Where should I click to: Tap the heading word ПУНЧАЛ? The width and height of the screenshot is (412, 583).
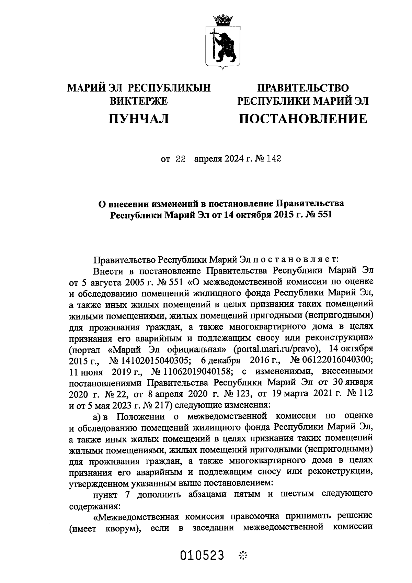[139, 119]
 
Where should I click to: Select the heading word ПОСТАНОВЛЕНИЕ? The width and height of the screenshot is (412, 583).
[303, 119]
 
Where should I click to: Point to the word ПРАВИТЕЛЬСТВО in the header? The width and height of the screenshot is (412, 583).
[303, 88]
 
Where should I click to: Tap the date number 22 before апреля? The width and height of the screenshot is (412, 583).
[181, 159]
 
